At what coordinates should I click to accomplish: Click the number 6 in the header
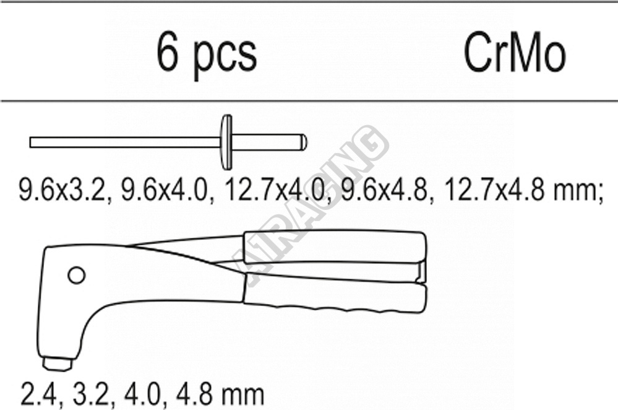168,52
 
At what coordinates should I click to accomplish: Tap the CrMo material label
514,53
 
